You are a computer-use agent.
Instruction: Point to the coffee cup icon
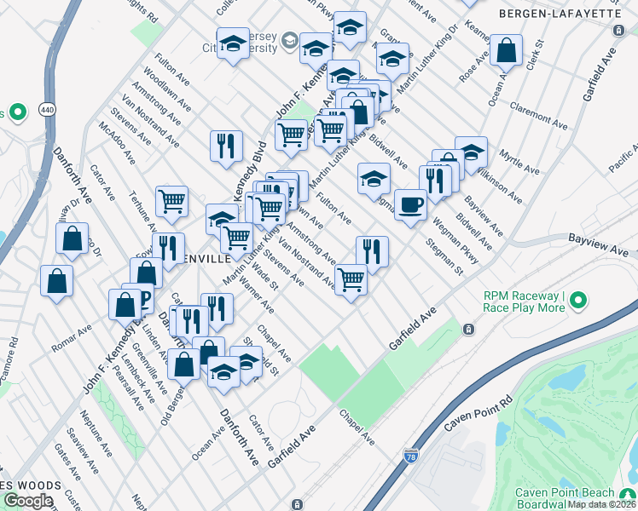410,204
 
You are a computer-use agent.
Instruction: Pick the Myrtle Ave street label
522,160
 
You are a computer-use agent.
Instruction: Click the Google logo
28,500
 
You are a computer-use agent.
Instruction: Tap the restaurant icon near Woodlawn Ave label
226,146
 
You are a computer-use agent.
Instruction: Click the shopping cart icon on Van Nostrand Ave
351,278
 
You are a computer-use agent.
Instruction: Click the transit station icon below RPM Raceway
467,329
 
